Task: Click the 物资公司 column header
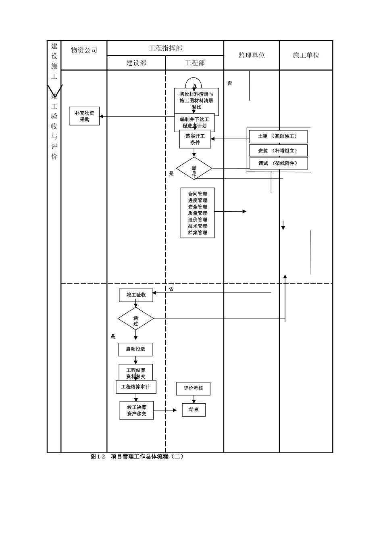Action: tap(84, 50)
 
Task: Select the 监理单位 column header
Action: tap(252, 55)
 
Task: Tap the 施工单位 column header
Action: tap(306, 55)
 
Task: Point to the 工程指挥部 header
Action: tap(165, 48)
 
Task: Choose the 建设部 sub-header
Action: tap(136, 63)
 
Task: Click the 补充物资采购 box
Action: tap(85, 116)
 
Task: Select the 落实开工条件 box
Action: tap(195, 140)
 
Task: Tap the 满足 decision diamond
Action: tap(194, 169)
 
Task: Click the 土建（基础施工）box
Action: tap(278, 137)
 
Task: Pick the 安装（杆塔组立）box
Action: tap(278, 150)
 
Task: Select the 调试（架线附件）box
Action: tap(279, 163)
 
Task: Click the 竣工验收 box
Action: tap(136, 295)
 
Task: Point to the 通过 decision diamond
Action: tap(136, 319)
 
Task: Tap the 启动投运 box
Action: tap(135, 349)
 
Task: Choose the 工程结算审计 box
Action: tap(136, 387)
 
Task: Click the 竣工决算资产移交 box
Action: tap(137, 411)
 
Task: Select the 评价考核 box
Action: tap(194, 388)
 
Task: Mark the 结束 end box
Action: tap(194, 410)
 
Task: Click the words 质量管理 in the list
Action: tap(198, 213)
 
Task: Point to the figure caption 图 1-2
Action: tap(98, 457)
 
